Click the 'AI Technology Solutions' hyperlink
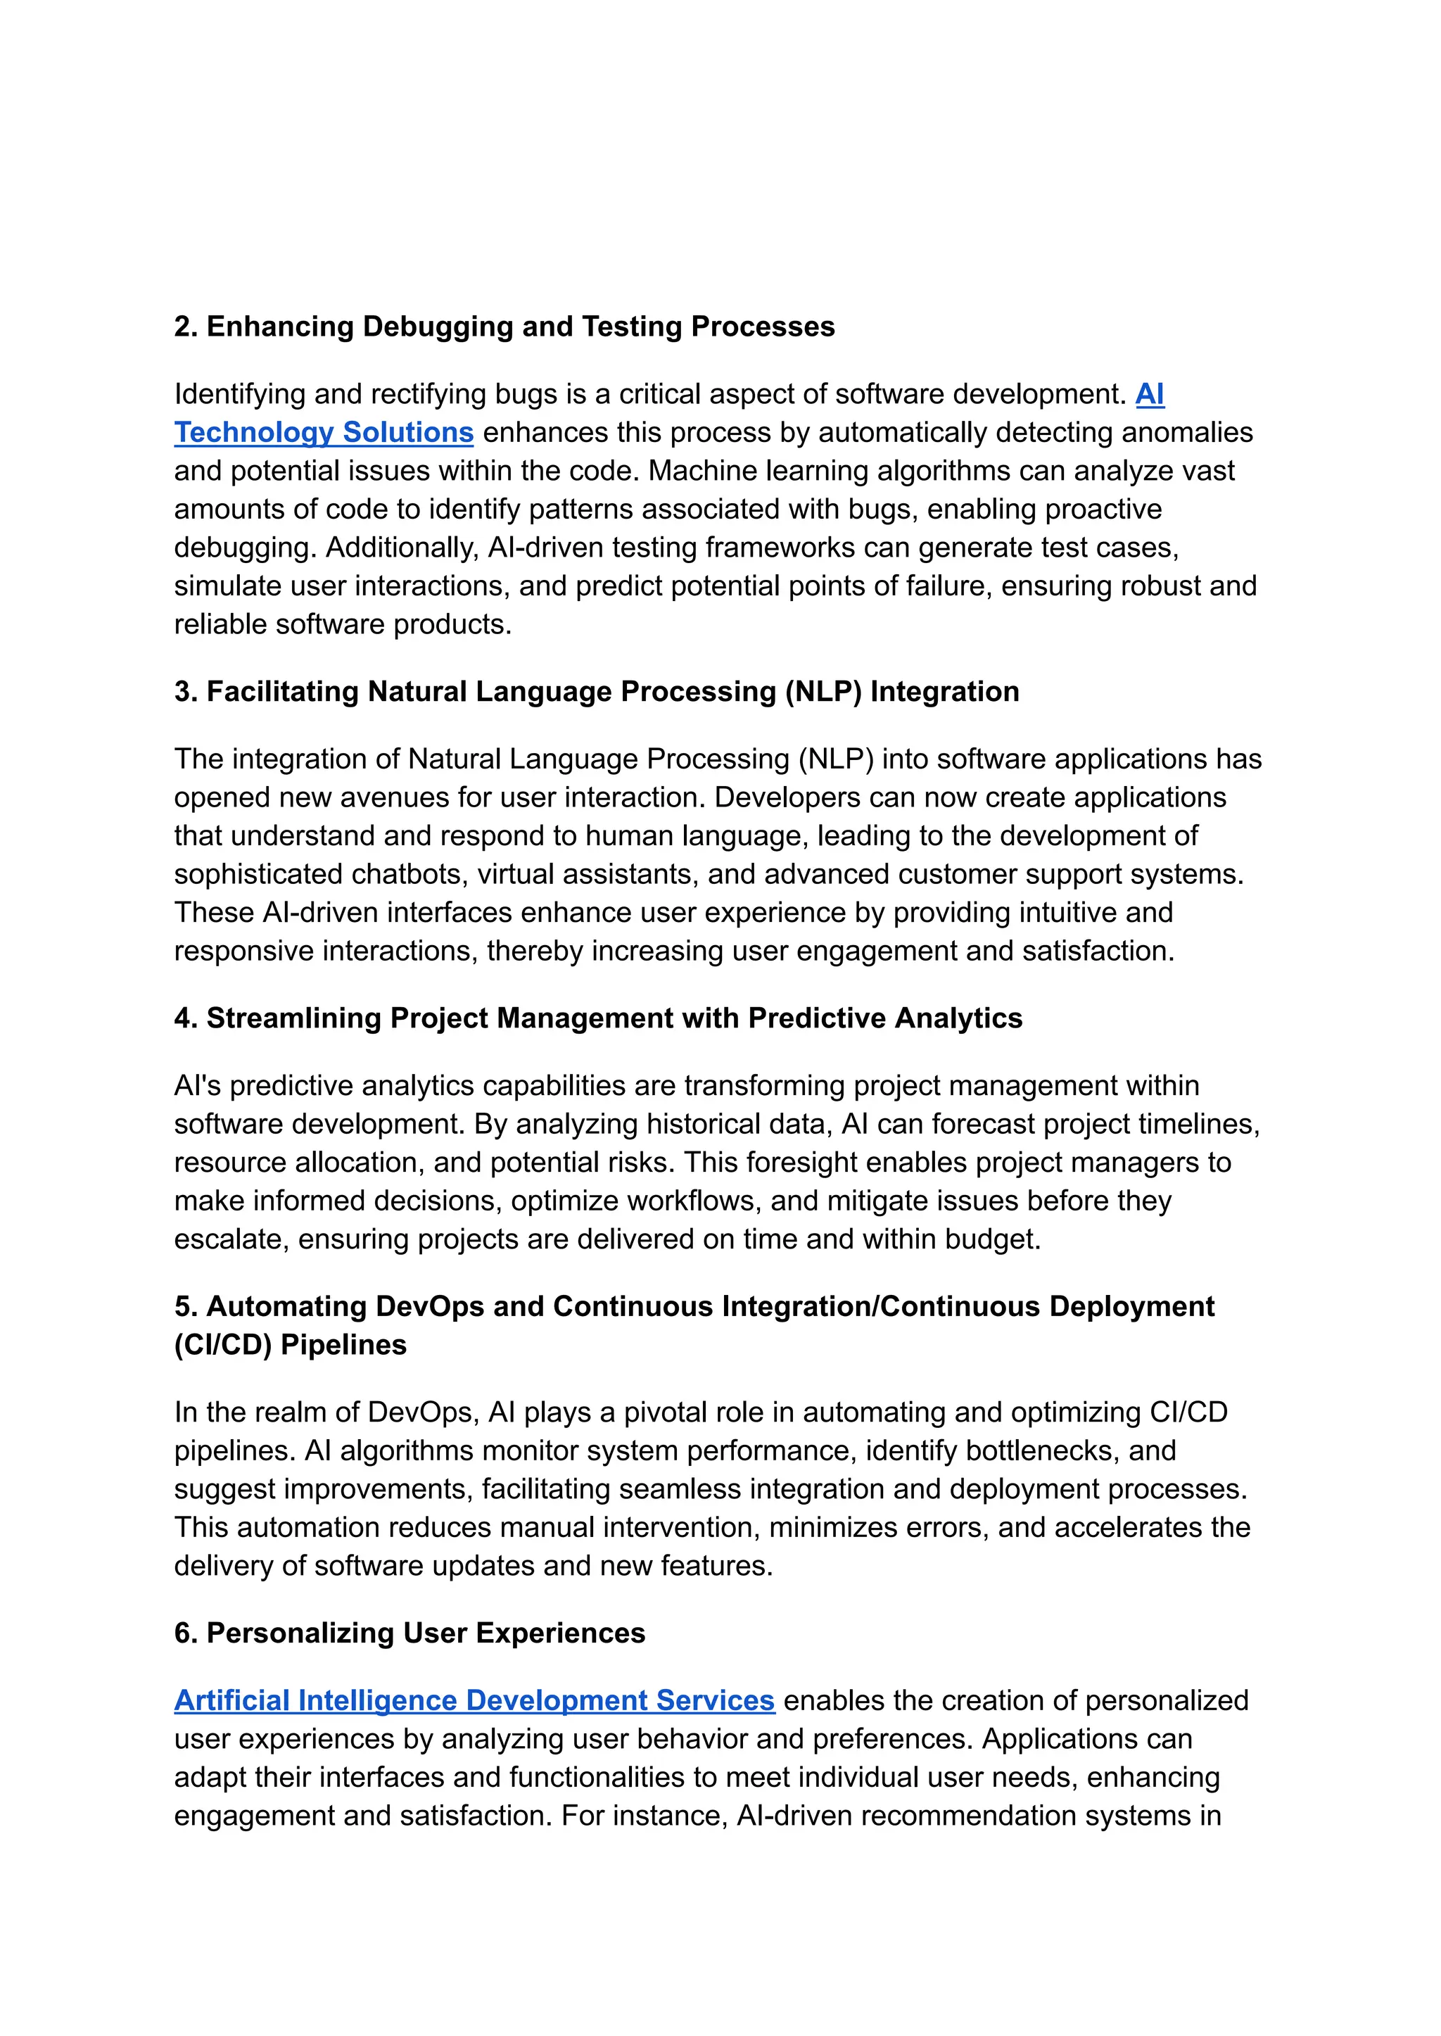point(324,432)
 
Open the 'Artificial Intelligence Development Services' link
point(474,1700)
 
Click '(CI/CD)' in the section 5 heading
point(223,1345)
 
